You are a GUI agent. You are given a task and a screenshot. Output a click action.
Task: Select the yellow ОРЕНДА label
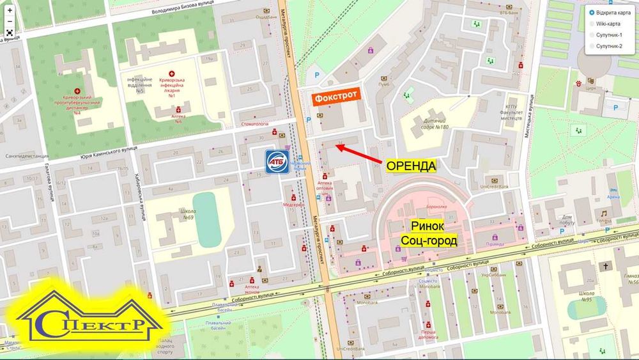click(411, 166)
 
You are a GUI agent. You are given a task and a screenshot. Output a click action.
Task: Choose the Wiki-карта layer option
click(608, 24)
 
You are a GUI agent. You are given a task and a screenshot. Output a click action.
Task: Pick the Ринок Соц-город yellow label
click(429, 233)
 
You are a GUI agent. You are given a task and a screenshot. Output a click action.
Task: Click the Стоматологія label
click(253, 124)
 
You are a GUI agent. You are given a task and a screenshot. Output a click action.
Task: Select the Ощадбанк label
click(266, 17)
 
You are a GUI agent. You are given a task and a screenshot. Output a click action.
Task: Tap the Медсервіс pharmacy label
click(293, 205)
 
